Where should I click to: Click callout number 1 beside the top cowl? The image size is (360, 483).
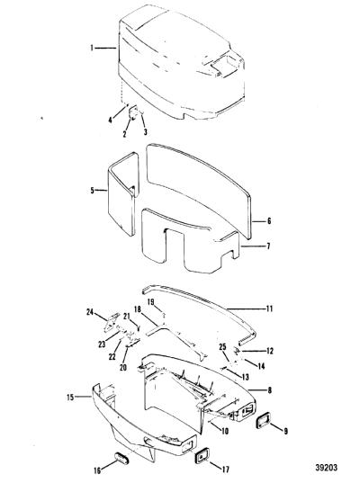click(x=92, y=48)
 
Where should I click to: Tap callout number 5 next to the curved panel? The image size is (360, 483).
click(x=92, y=191)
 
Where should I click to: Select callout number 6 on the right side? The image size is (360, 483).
click(x=269, y=221)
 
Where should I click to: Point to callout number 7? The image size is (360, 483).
click(x=268, y=246)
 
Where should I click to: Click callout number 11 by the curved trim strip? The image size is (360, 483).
click(x=269, y=309)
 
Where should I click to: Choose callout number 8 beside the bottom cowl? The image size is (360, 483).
click(x=269, y=390)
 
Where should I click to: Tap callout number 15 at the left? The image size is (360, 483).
click(x=70, y=398)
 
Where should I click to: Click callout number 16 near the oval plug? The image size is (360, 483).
click(x=97, y=470)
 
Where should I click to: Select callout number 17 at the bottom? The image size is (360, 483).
click(x=225, y=470)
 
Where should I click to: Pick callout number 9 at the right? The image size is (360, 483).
click(x=285, y=431)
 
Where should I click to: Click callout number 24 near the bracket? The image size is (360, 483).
click(x=90, y=312)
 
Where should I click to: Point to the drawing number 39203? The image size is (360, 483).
click(x=327, y=468)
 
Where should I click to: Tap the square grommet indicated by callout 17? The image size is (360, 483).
click(x=202, y=455)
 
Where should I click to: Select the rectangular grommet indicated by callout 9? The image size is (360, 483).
click(x=264, y=420)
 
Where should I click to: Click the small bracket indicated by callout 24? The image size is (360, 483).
click(x=110, y=323)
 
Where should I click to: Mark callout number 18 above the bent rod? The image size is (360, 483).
click(x=138, y=309)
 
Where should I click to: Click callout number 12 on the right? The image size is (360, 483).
click(x=269, y=351)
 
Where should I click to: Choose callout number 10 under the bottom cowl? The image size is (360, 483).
click(x=225, y=431)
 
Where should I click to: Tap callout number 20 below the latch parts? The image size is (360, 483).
click(x=123, y=368)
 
